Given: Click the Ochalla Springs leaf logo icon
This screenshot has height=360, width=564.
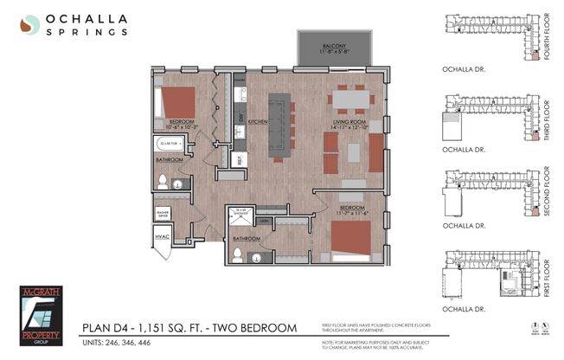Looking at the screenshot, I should point(29,25).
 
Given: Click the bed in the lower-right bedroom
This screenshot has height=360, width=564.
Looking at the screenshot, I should point(350,241).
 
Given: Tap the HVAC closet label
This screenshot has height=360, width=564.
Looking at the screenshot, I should point(162,236).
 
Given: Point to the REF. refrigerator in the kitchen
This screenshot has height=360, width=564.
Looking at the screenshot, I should point(240,159).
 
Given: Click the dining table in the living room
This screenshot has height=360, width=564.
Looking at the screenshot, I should point(350,101).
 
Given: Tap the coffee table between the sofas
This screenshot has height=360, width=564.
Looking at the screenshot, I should point(353,152).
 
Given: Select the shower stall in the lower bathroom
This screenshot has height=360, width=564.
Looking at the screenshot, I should point(236,216).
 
